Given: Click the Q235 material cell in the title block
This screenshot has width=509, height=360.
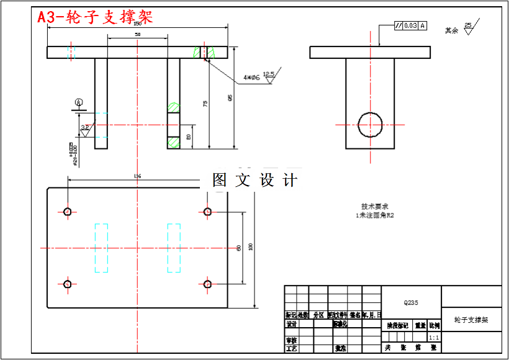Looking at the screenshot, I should tap(411, 303).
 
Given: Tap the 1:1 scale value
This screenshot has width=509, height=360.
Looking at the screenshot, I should tap(434, 337).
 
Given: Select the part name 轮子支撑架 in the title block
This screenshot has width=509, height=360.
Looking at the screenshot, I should tap(471, 320).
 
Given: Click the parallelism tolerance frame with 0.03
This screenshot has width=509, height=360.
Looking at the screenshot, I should tap(410, 25).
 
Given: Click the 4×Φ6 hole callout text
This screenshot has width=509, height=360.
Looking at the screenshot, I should tap(251, 78).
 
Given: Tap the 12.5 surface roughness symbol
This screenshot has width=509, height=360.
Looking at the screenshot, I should tap(269, 76).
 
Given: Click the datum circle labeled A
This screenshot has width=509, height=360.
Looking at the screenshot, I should tap(79, 102).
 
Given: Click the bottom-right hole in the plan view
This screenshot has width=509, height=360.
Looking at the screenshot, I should tap(207, 284).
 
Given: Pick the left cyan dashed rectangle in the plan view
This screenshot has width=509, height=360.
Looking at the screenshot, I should tap(101, 248).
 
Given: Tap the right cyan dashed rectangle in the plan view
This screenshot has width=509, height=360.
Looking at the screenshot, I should tap(174, 248).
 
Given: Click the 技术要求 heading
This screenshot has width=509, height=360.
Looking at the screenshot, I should tap(375, 207).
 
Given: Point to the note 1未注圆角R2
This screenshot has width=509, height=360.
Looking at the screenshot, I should tap(375, 215).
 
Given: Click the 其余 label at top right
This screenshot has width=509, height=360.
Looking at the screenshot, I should tap(451, 30).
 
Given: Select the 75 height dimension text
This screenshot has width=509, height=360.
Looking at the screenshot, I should tap(205, 104).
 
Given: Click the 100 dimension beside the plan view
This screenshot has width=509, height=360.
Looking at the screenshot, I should tap(251, 246).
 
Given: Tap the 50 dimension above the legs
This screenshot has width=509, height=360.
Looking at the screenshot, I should tap(137, 35).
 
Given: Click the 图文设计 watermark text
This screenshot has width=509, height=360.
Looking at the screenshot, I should tap(255, 180).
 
